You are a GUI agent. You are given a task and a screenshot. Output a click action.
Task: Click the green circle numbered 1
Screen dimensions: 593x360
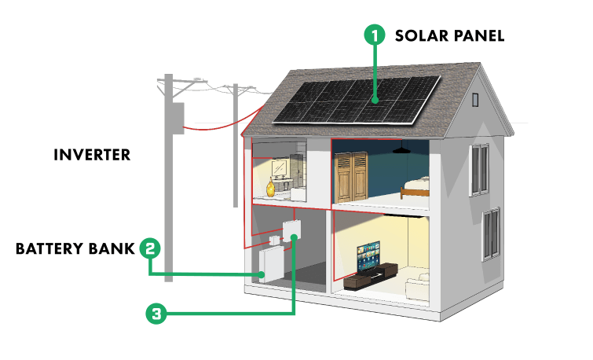click(x=375, y=35)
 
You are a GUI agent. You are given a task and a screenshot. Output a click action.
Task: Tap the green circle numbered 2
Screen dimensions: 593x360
click(x=150, y=248)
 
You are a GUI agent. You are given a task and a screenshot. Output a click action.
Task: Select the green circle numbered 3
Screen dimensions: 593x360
click(x=156, y=314)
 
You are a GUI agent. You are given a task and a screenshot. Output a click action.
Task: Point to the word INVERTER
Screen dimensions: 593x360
click(x=92, y=155)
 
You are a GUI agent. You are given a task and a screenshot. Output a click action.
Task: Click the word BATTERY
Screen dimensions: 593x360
click(x=49, y=248)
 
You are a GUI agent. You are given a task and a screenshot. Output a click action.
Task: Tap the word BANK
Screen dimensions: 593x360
click(x=112, y=248)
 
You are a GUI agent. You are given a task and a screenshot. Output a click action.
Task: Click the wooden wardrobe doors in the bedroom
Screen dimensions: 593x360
click(x=351, y=177)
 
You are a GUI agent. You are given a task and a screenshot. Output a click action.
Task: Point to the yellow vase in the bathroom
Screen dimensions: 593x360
click(x=270, y=188)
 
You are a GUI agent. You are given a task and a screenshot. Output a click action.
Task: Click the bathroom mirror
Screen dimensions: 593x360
click(x=279, y=167)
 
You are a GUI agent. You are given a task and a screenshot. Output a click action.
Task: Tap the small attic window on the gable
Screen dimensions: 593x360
click(x=475, y=100)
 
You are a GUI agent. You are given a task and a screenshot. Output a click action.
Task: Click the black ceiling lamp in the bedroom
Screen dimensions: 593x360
click(x=401, y=149)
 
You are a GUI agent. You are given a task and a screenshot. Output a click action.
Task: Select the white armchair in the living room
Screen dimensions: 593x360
click(x=418, y=288)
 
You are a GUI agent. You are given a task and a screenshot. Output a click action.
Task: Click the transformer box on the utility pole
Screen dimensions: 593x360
click(x=178, y=118)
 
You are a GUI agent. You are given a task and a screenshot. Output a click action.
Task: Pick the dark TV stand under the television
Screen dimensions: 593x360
click(x=370, y=277)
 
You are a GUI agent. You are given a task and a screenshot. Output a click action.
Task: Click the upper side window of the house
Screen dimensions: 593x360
click(x=480, y=170)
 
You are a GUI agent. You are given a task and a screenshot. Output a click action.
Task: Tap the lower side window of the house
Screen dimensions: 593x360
click(x=491, y=234)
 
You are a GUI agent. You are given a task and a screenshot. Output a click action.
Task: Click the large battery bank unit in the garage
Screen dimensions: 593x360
click(x=272, y=264)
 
